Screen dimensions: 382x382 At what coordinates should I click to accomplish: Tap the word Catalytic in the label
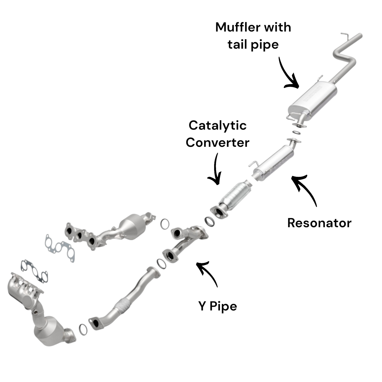pyautogui.click(x=217, y=126)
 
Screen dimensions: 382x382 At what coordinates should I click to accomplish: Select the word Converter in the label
pyautogui.click(x=217, y=143)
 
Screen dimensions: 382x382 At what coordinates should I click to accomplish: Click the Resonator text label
pyautogui.click(x=319, y=223)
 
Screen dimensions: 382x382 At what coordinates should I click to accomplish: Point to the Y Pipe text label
pyautogui.click(x=217, y=306)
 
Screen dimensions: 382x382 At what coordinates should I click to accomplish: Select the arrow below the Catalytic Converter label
pyautogui.click(x=215, y=171)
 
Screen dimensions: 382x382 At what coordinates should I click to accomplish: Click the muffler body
pyautogui.click(x=312, y=99)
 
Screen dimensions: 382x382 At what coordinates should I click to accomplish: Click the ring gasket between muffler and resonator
pyautogui.click(x=296, y=132)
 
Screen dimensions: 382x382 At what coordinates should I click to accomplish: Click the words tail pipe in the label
pyautogui.click(x=253, y=44)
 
